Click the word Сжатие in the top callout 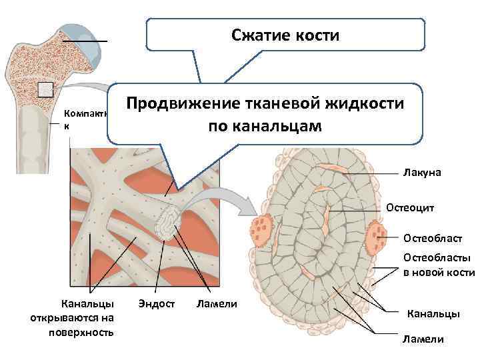point(262,34)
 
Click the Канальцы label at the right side point(433,313)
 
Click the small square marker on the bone point(45,89)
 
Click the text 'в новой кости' point(439,272)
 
